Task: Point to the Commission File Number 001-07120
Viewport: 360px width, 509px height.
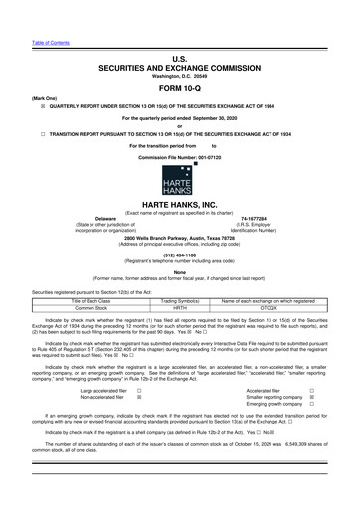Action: pos(180,158)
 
